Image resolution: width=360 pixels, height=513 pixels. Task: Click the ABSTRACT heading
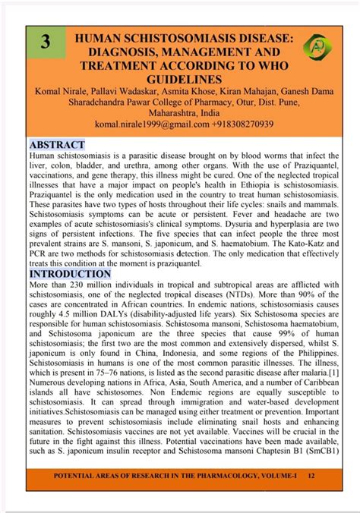click(57, 144)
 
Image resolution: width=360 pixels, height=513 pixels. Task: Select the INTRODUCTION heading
click(70, 273)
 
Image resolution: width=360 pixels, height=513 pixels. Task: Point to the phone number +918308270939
click(238, 124)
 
